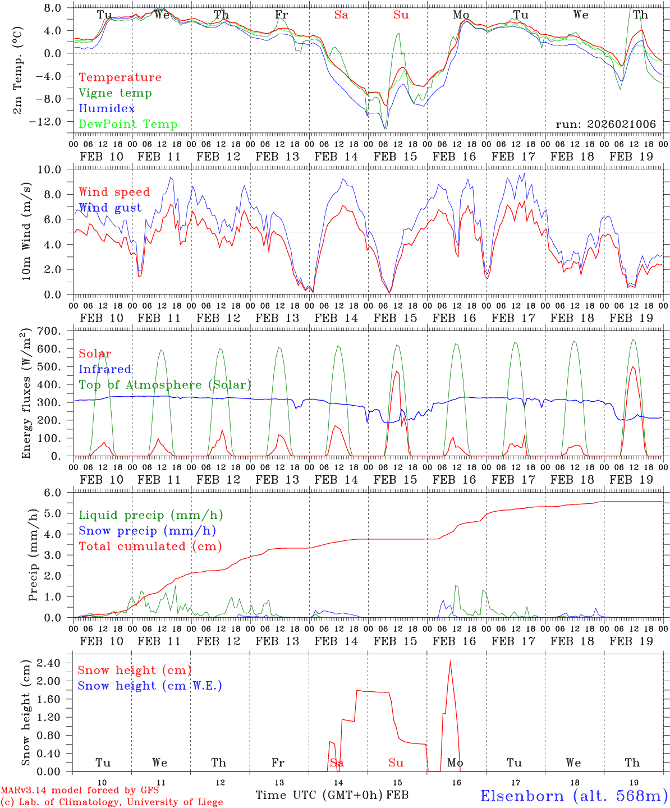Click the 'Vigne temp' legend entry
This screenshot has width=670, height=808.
[115, 93]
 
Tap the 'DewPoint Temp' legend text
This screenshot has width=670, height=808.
[128, 125]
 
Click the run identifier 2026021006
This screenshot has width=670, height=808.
[605, 125]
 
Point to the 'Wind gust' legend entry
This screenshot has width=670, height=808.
[110, 208]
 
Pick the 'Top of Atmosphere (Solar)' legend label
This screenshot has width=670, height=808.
[164, 385]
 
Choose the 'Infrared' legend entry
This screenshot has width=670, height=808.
[105, 369]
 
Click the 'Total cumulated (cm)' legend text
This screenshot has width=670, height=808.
[150, 547]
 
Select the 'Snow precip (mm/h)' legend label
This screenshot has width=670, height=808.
[147, 531]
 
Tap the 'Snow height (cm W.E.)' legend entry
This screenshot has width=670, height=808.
[150, 686]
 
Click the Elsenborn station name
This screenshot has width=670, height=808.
[573, 796]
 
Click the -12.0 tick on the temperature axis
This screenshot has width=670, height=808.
[54, 121]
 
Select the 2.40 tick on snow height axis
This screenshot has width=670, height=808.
[54, 663]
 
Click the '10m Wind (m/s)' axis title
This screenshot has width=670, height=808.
[26, 232]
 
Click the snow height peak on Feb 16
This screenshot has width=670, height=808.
[450, 662]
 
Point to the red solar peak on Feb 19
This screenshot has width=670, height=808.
[633, 367]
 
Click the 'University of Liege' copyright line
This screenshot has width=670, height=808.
[111, 802]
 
